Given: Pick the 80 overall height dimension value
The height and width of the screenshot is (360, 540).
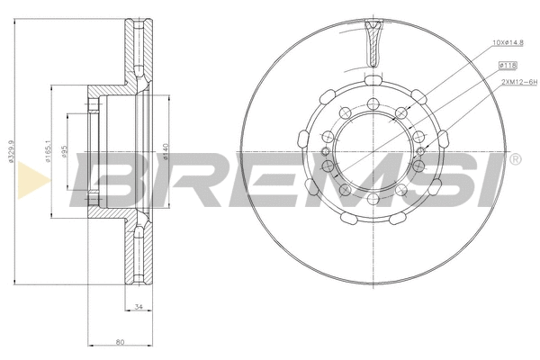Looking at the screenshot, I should pos(119,341).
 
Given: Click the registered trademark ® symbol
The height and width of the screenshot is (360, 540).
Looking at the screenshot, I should pos(514,160).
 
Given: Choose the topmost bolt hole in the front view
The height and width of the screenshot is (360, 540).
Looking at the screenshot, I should pos(373,102).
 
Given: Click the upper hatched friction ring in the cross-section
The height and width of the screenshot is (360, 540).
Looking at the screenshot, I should pos(136,54).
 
